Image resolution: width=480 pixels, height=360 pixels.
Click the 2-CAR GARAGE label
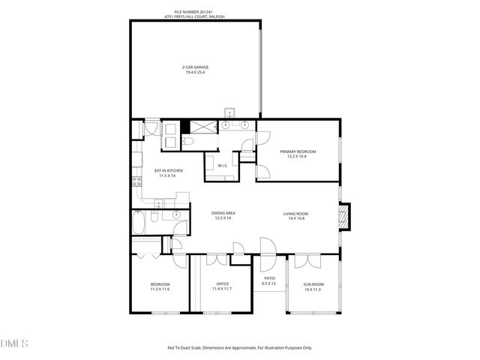(x=195, y=68)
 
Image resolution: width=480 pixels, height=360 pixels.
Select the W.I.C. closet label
(x=223, y=166)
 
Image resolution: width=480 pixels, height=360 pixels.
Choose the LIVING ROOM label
(x=295, y=213)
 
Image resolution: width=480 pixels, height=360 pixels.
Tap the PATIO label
(x=269, y=280)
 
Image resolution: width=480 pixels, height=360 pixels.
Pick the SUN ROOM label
(x=313, y=284)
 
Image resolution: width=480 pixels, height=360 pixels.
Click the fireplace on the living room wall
(x=344, y=217)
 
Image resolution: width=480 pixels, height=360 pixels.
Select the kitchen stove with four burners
(x=136, y=181)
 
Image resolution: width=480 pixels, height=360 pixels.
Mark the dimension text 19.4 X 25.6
(x=195, y=73)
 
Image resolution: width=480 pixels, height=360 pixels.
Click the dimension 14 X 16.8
(x=295, y=218)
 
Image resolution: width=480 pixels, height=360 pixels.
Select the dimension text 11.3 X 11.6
(x=160, y=289)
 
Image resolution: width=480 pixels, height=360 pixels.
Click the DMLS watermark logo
(x=14, y=344)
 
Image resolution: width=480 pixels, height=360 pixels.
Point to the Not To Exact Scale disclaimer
(x=239, y=347)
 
